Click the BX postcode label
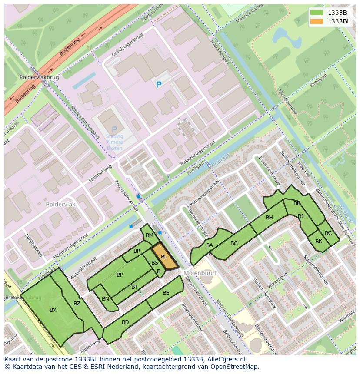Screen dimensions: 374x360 (53, 310)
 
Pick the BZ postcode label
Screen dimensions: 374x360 (77, 304)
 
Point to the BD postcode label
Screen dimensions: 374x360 (125, 322)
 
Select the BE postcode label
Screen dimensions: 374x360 (166, 293)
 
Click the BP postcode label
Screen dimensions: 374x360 (120, 275)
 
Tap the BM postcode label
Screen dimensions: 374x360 (150, 235)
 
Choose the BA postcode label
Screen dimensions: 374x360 (210, 245)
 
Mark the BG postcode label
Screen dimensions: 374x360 (234, 243)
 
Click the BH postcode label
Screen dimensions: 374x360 (269, 218)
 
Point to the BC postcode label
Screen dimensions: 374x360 (328, 233)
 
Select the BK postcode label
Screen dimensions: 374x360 (319, 242)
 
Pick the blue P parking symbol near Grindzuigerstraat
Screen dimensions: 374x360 (159, 85)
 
